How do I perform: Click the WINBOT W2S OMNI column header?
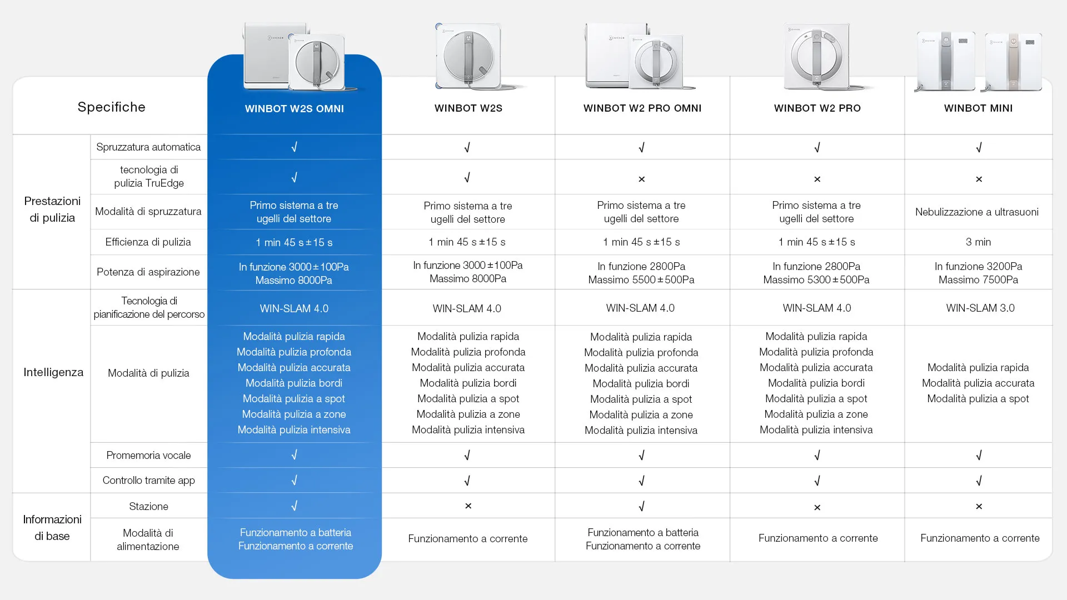pyautogui.click(x=294, y=109)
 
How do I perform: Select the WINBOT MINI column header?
pyautogui.click(x=978, y=108)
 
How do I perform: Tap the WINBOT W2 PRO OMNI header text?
pyautogui.click(x=642, y=108)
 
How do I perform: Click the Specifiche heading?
pyautogui.click(x=111, y=107)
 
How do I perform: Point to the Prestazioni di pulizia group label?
pyautogui.click(x=52, y=209)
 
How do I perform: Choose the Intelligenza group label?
pyautogui.click(x=53, y=372)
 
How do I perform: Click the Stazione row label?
pyautogui.click(x=148, y=506)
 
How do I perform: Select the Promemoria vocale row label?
pyautogui.click(x=148, y=455)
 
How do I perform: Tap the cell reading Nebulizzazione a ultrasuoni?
pyautogui.click(x=976, y=212)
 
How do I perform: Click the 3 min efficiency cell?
pyautogui.click(x=978, y=242)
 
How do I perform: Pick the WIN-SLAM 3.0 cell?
pyautogui.click(x=980, y=308)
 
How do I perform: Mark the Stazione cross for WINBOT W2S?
pyautogui.click(x=468, y=506)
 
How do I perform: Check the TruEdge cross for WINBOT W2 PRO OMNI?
pyautogui.click(x=641, y=179)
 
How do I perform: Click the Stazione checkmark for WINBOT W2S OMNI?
pyautogui.click(x=294, y=506)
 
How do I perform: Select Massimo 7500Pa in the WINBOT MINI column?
pyautogui.click(x=978, y=279)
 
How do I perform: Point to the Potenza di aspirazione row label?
pyautogui.click(x=148, y=272)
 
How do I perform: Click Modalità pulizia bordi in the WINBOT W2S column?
pyautogui.click(x=468, y=383)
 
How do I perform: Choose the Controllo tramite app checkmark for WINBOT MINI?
pyautogui.click(x=979, y=481)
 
